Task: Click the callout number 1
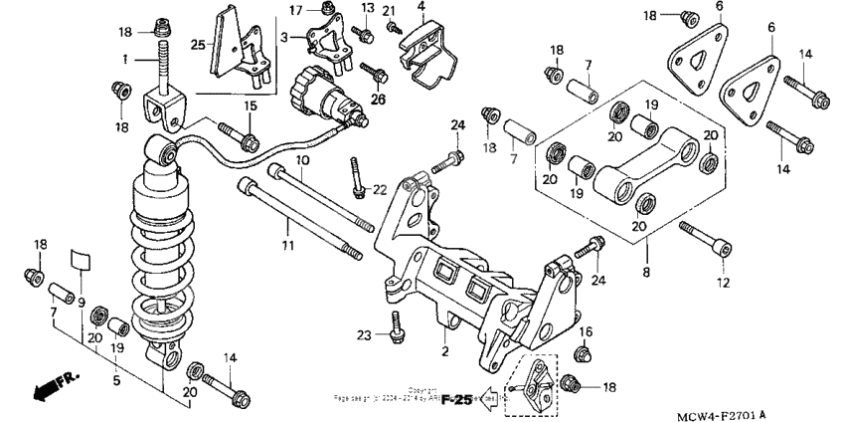(126, 60)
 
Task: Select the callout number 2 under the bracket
(445, 351)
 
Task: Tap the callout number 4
(421, 7)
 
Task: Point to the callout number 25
(198, 46)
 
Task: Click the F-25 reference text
(455, 400)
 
